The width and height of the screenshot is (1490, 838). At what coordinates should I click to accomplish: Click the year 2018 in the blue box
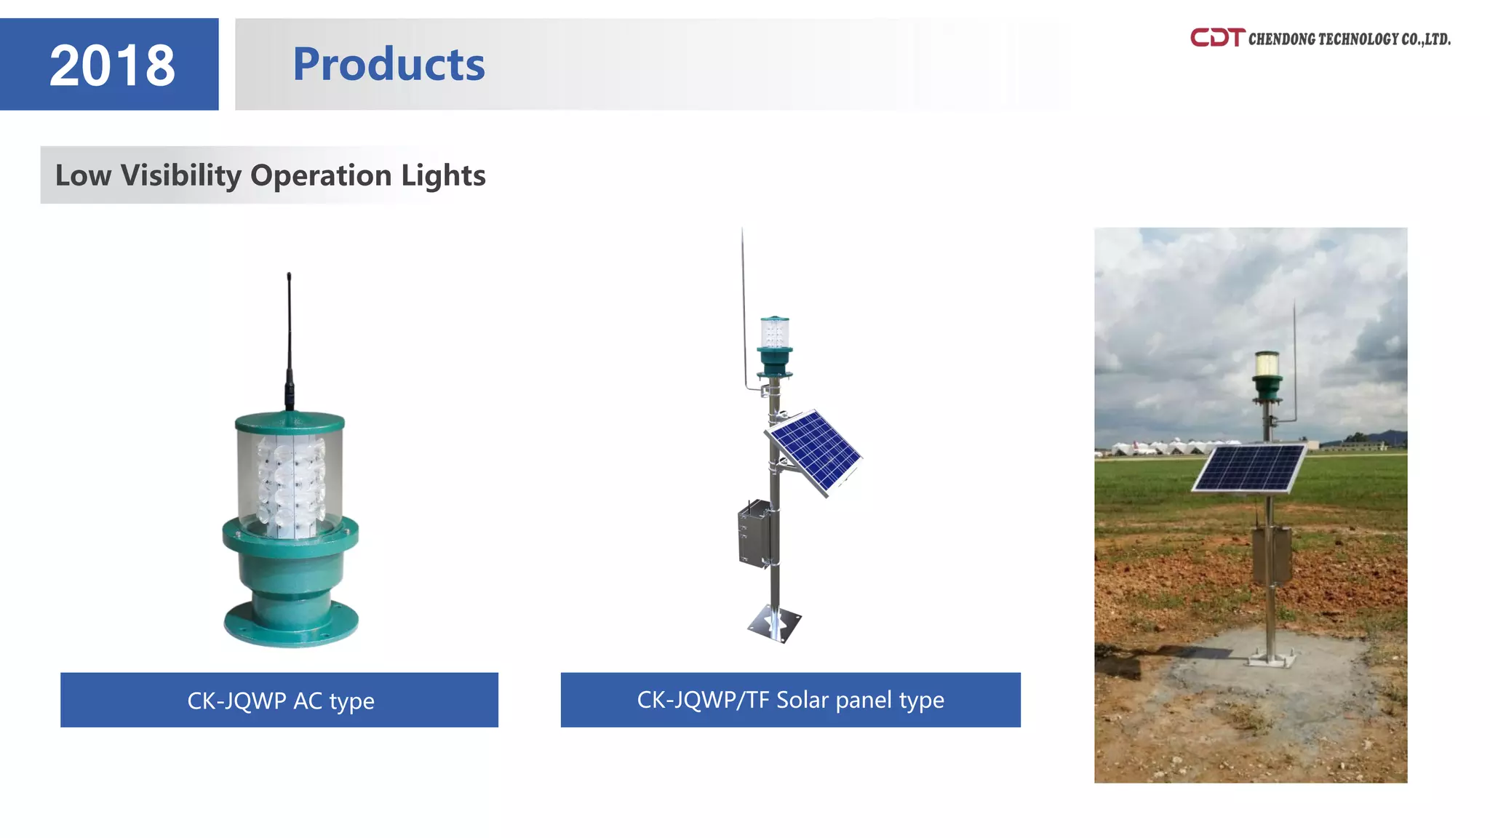pos(112,65)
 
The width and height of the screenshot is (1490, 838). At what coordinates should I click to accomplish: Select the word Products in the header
pos(389,64)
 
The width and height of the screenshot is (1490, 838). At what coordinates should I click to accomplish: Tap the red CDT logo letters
pos(1217,38)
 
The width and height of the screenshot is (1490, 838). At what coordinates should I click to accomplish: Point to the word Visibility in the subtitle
pos(180,175)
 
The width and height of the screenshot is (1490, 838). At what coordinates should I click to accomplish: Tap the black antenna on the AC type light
pos(289,335)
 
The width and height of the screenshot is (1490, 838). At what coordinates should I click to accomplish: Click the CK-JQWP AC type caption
pos(280,700)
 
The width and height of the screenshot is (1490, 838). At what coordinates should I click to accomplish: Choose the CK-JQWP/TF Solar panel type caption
pos(790,699)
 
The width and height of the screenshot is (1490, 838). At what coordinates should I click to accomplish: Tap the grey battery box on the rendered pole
pos(754,533)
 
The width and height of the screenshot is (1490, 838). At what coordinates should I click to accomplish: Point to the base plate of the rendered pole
pos(774,624)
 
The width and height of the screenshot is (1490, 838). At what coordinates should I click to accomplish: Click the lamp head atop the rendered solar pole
pos(774,342)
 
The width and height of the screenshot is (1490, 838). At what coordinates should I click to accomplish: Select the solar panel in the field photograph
pos(1249,467)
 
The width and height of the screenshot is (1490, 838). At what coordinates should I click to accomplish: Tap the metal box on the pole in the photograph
pos(1271,554)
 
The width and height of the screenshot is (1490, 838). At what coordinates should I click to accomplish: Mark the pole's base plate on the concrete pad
pos(1270,659)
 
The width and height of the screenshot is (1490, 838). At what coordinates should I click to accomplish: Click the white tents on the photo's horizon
pos(1164,446)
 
